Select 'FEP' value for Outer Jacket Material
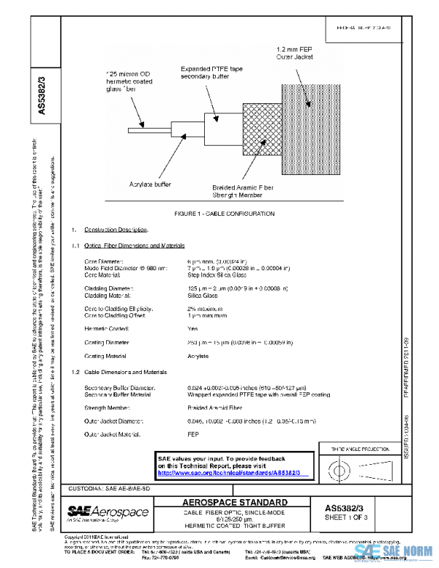click(194, 435)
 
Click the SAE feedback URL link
click(234, 474)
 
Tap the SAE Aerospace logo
click(108, 512)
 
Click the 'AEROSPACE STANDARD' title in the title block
click(234, 503)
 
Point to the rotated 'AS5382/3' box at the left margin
click(42, 91)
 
